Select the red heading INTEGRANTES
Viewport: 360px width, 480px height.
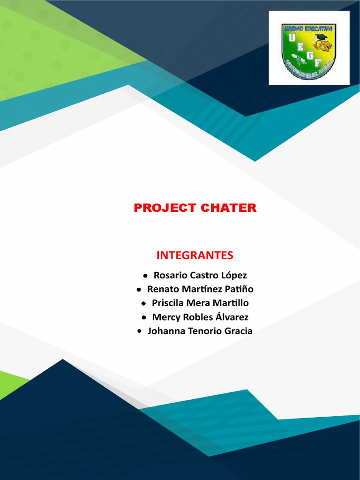195,255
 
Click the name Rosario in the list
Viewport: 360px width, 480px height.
170,275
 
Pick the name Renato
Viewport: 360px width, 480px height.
163,289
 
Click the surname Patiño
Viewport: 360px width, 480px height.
238,289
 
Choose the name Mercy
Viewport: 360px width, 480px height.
165,317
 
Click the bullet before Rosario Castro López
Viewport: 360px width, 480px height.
146,276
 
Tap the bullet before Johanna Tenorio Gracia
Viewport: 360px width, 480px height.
139,331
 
